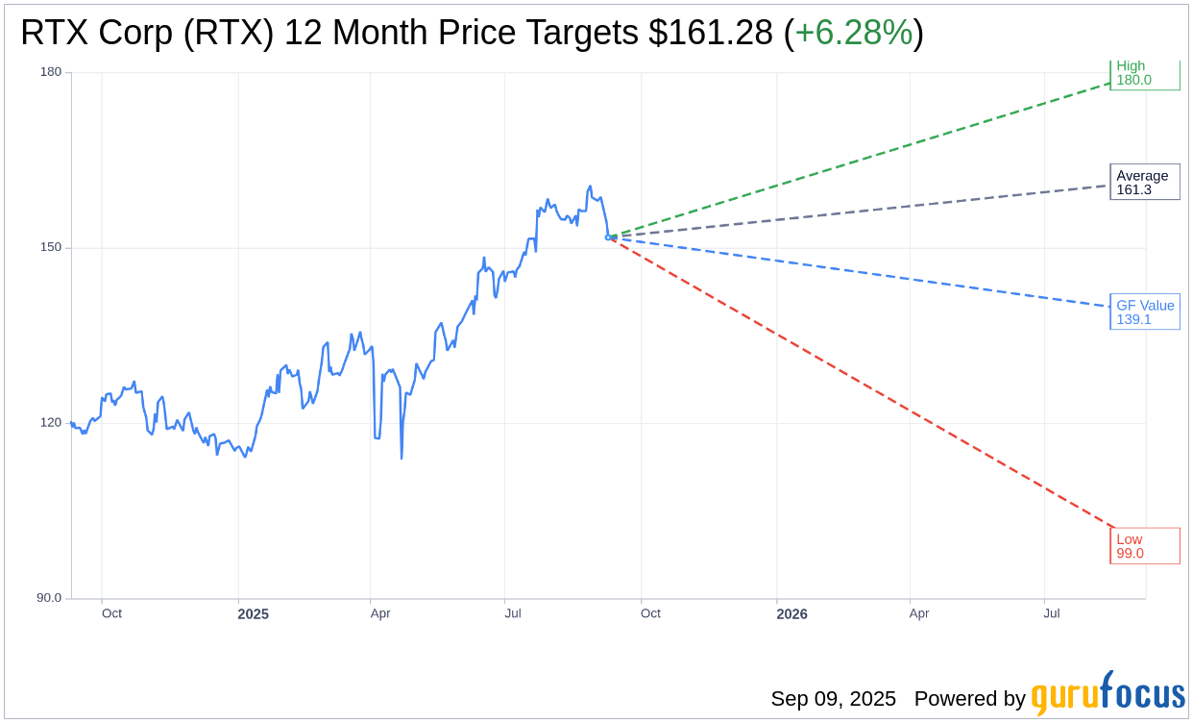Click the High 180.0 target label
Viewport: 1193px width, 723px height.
(1144, 73)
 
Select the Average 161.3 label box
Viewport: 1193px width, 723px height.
(1144, 183)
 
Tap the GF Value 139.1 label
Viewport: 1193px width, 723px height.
(1144, 312)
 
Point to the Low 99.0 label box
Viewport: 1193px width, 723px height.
(1144, 546)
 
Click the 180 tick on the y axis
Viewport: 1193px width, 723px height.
(51, 72)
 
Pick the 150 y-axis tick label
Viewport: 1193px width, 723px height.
(51, 247)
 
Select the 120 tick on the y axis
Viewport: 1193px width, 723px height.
(51, 423)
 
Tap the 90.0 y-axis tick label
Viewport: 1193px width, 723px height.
(49, 598)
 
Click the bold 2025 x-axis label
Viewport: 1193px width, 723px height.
(254, 614)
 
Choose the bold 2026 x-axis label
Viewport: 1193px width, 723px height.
(791, 614)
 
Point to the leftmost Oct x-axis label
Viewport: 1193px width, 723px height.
(111, 613)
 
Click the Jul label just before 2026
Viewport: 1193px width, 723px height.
(513, 613)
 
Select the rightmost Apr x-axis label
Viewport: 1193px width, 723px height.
(919, 613)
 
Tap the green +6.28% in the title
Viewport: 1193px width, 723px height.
(853, 33)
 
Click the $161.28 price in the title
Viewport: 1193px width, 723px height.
(710, 33)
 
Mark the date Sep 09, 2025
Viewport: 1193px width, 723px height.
(833, 699)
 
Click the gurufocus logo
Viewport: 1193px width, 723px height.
(1108, 694)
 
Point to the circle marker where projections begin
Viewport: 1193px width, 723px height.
(608, 237)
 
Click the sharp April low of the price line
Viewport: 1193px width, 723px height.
(402, 458)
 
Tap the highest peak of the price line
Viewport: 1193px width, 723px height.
(590, 187)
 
